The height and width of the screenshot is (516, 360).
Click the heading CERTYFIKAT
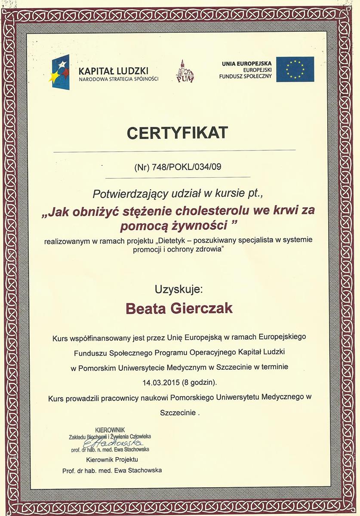[177, 133]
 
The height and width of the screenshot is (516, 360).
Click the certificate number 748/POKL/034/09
[186, 167]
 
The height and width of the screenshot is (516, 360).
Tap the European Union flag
[295, 69]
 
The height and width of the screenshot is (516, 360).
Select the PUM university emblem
[185, 71]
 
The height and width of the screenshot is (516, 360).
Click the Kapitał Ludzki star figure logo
[61, 72]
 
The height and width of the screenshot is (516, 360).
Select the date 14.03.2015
[159, 381]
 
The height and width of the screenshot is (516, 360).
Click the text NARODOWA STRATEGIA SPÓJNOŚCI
[119, 79]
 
